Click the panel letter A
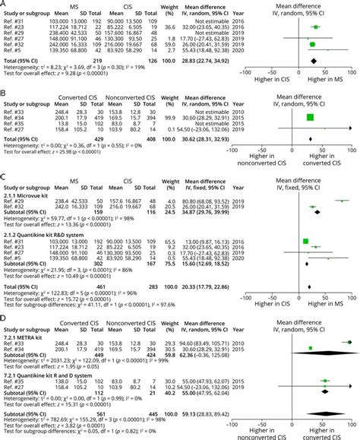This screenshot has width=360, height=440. tap(5, 5)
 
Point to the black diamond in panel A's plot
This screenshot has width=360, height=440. tap(313, 60)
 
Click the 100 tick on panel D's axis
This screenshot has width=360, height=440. tap(352, 422)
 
